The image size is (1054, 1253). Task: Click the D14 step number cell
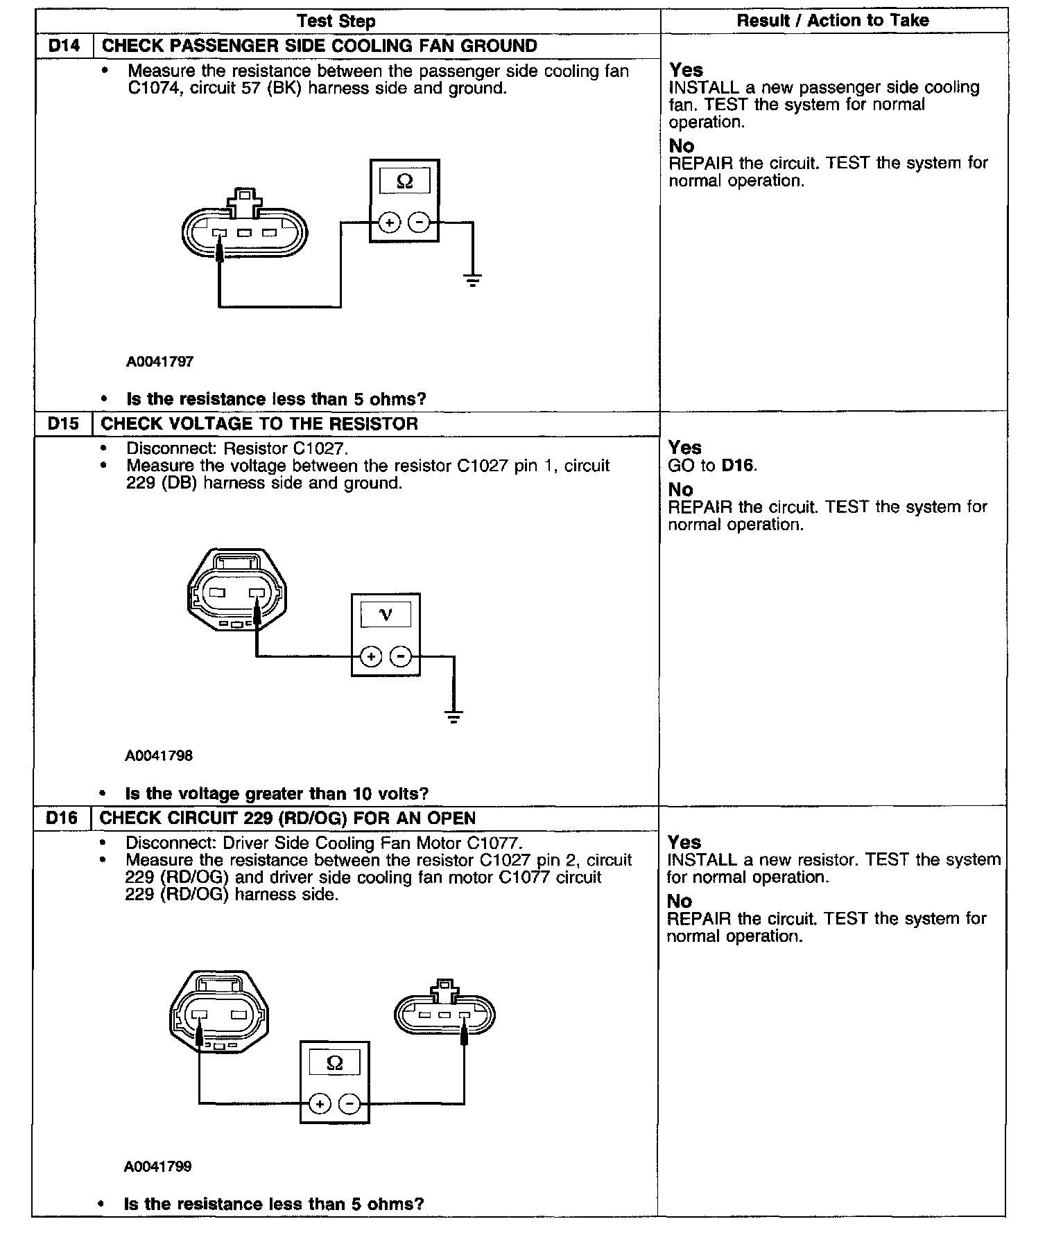[x=64, y=46]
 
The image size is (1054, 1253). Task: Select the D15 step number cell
[x=63, y=424]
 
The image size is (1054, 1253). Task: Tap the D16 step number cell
[x=62, y=818]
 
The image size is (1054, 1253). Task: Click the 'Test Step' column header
[x=336, y=21]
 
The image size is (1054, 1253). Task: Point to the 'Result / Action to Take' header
[x=832, y=21]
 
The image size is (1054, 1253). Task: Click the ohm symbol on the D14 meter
[x=405, y=182]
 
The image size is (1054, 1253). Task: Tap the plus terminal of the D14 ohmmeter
[x=390, y=222]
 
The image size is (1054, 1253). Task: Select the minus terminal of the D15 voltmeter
[x=400, y=656]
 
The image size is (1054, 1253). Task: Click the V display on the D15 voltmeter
[x=386, y=614]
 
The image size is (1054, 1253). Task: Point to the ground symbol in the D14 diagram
[x=473, y=280]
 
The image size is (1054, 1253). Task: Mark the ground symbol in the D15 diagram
[x=453, y=717]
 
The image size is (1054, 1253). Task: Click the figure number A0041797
[x=159, y=362]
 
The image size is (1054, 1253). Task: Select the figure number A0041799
[x=157, y=1167]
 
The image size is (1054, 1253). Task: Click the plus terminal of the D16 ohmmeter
[x=319, y=1103]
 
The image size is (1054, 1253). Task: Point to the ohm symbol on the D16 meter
[x=334, y=1063]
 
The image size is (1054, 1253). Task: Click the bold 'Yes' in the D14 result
[x=686, y=71]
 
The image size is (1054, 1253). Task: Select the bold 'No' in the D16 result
[x=680, y=901]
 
